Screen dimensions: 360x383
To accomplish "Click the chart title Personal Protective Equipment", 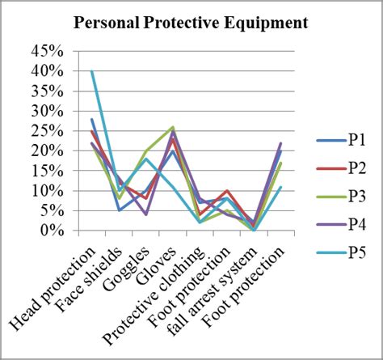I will coord(191,22).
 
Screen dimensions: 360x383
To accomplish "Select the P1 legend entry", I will coord(356,140).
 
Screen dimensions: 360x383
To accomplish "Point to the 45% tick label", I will coord(46,51).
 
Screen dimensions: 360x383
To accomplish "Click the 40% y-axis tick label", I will coord(46,71).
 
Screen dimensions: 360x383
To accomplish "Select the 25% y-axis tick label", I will coord(46,131).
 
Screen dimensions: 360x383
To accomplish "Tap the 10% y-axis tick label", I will coord(46,191).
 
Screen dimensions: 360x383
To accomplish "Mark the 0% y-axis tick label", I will coord(50,231).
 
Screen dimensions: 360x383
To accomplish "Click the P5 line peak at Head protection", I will coord(92,71).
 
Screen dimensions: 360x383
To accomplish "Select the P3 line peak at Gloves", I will coord(173,127).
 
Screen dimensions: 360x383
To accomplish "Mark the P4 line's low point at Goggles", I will coord(146,214).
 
